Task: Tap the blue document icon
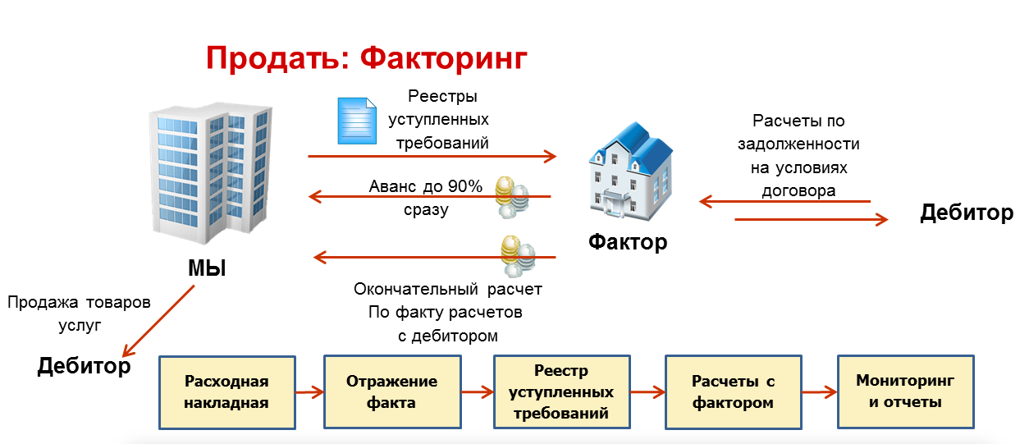click(x=357, y=121)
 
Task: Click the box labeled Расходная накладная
click(x=226, y=392)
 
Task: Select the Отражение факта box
click(x=391, y=392)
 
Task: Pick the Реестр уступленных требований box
click(x=561, y=392)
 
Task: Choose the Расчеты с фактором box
click(x=733, y=392)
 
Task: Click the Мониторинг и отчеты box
click(x=905, y=392)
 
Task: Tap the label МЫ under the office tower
click(x=206, y=268)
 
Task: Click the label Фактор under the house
click(x=628, y=242)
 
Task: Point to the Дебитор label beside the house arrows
click(x=966, y=213)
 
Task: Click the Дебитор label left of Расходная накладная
click(x=84, y=365)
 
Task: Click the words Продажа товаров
click(x=79, y=302)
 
